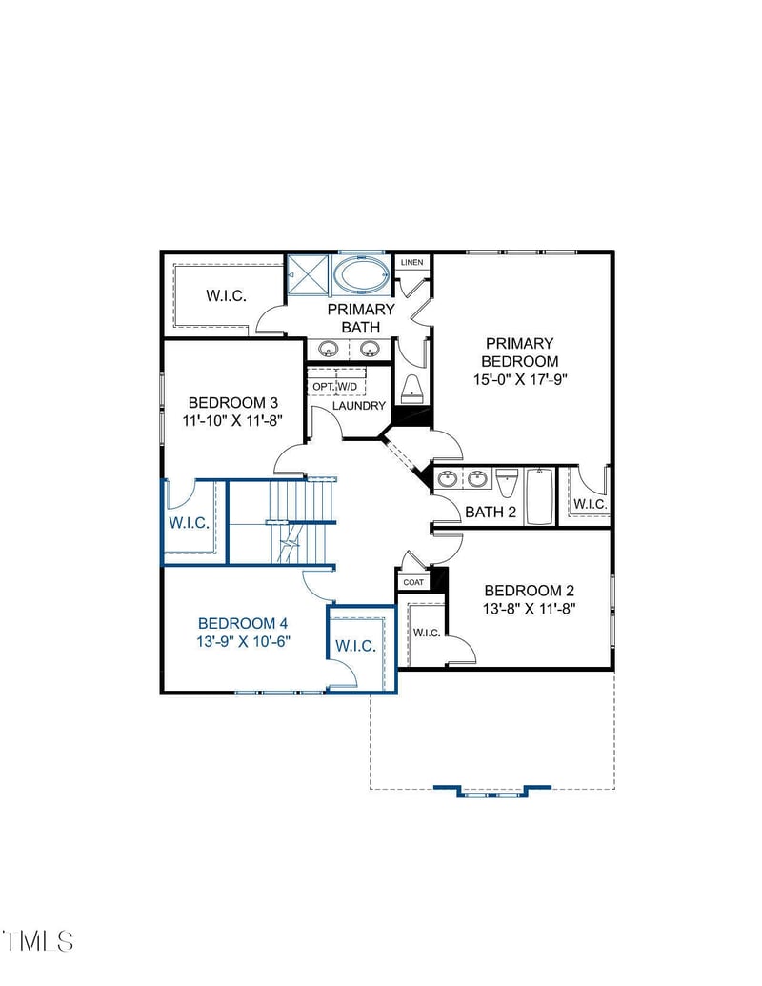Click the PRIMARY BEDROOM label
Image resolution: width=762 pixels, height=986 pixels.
coord(519,352)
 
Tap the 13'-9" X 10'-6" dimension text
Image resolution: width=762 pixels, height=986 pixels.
coord(243,641)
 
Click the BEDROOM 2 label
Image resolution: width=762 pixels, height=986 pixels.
coord(529,590)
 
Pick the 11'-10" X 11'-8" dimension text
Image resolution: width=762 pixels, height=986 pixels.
coord(232,418)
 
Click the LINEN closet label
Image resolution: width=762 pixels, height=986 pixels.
coord(411,262)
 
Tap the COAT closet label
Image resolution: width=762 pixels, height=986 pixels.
coord(413,582)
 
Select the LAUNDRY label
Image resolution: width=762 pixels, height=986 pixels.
coord(359,406)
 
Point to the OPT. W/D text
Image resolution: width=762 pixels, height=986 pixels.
coord(335,386)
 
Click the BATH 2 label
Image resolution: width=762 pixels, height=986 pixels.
coord(490,513)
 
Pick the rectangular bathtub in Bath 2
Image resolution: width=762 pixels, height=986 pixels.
coord(539,495)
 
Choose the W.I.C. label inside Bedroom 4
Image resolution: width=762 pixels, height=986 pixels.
coord(354,646)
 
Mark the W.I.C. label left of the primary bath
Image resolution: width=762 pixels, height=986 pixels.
coord(226,295)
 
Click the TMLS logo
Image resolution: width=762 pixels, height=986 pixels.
coord(38,940)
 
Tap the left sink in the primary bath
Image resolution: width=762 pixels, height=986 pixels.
coord(328,349)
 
